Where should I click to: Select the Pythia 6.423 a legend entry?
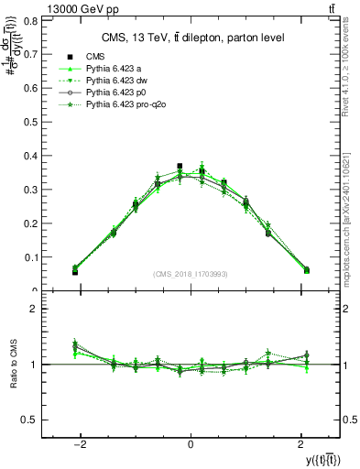[x=115, y=70]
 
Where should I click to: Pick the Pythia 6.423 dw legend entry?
[x=117, y=82]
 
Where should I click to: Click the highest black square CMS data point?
[x=180, y=167]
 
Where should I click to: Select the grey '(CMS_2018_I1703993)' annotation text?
[x=191, y=275]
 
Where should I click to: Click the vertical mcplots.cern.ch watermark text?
[x=349, y=211]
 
